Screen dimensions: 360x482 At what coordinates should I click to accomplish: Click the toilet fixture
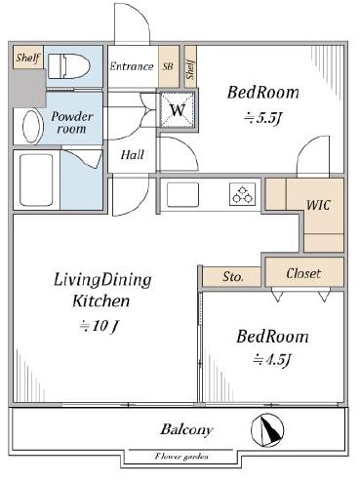click(x=69, y=66)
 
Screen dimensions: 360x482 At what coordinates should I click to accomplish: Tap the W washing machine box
click(x=178, y=109)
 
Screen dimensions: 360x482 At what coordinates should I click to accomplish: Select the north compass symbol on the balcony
click(x=267, y=430)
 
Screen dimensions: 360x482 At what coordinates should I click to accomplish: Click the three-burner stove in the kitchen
click(x=242, y=194)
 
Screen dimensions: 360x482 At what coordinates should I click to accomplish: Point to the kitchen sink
click(x=182, y=194)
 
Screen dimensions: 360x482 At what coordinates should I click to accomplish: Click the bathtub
click(x=36, y=180)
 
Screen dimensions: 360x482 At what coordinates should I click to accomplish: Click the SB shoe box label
click(x=168, y=66)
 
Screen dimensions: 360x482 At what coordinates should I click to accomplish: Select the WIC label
click(x=318, y=205)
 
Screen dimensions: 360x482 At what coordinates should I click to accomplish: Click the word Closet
click(x=303, y=273)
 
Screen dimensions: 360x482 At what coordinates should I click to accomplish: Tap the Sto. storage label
click(x=233, y=277)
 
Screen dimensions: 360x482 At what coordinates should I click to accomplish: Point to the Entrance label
click(x=132, y=66)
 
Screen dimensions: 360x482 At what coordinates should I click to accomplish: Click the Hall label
click(x=133, y=154)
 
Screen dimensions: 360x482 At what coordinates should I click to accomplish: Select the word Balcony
click(x=186, y=429)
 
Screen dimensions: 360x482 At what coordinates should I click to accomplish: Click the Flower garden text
click(x=181, y=457)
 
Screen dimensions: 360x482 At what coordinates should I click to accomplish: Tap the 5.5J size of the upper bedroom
click(x=262, y=118)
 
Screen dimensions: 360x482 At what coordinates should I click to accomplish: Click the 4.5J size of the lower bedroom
click(x=272, y=360)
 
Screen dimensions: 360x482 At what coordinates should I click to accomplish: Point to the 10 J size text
click(x=100, y=326)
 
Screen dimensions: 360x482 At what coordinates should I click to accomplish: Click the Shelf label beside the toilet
click(x=28, y=58)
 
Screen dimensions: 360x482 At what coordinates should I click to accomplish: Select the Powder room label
click(x=72, y=123)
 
